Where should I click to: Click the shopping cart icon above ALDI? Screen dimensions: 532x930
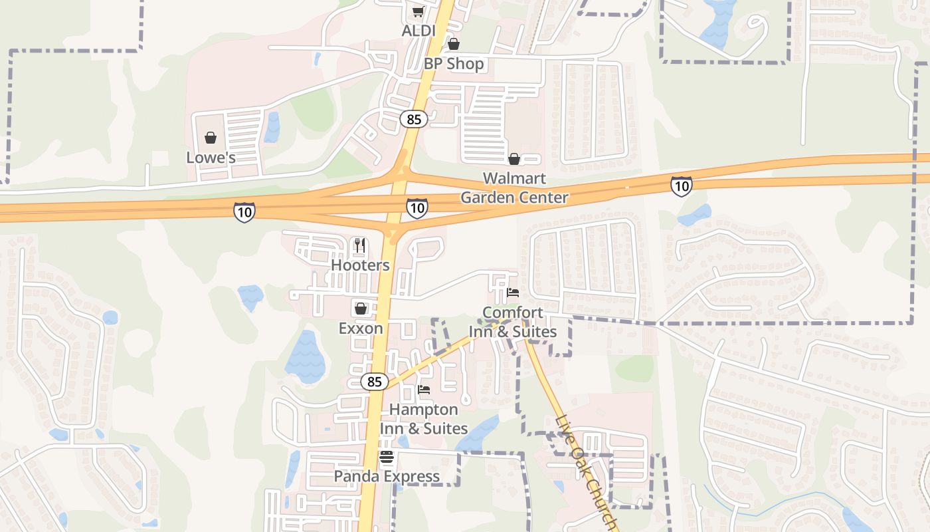click(x=418, y=11)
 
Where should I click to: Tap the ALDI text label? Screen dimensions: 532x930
click(x=418, y=31)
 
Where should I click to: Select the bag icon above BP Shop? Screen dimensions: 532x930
click(x=453, y=45)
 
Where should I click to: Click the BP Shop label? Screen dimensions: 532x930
click(x=454, y=64)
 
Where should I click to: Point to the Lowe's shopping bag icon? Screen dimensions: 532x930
click(x=211, y=138)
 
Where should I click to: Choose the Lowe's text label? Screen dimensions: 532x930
click(x=211, y=158)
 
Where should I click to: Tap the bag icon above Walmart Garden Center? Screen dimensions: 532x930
click(x=514, y=159)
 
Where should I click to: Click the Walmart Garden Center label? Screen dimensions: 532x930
click(x=514, y=188)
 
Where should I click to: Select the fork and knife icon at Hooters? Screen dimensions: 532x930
click(x=360, y=245)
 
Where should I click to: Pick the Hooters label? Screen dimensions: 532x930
click(x=360, y=265)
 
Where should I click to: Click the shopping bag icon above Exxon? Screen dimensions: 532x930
click(x=361, y=309)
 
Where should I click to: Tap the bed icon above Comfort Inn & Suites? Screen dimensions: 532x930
click(x=513, y=293)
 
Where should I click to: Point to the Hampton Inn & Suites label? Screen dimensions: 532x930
click(x=424, y=419)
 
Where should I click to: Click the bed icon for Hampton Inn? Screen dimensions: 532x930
click(x=424, y=390)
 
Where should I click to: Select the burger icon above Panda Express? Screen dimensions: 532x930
click(x=387, y=457)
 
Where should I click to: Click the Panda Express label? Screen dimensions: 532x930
click(x=387, y=477)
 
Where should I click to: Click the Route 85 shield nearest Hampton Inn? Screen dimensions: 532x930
click(x=375, y=382)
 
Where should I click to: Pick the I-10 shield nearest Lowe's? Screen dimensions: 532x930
click(x=244, y=213)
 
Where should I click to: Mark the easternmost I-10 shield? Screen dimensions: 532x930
click(x=682, y=186)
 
